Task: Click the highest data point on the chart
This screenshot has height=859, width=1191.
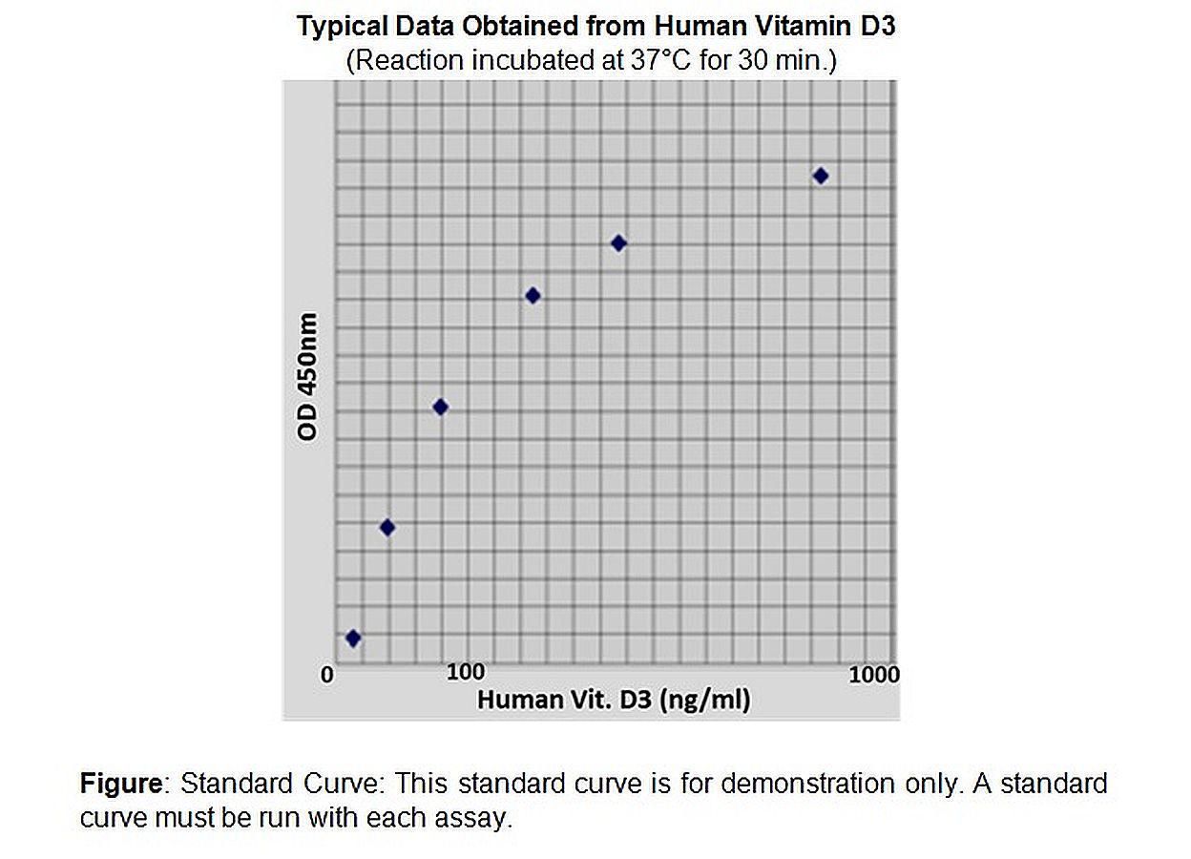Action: tap(820, 176)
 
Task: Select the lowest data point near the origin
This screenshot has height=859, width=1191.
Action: tap(353, 639)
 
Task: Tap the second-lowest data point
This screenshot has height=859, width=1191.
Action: tap(387, 527)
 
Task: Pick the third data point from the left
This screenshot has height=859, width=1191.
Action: tap(440, 408)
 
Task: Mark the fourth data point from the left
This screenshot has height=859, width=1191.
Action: tap(533, 296)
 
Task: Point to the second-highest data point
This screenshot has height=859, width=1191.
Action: tap(618, 243)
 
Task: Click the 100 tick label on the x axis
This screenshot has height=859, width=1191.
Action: tap(466, 672)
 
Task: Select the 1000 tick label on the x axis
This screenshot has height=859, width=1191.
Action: tap(874, 675)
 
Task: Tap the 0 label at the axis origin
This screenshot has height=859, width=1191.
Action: tap(327, 675)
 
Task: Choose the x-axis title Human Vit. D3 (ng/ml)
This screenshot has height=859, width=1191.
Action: tap(614, 700)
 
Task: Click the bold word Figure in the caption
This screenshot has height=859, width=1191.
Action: tap(122, 784)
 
